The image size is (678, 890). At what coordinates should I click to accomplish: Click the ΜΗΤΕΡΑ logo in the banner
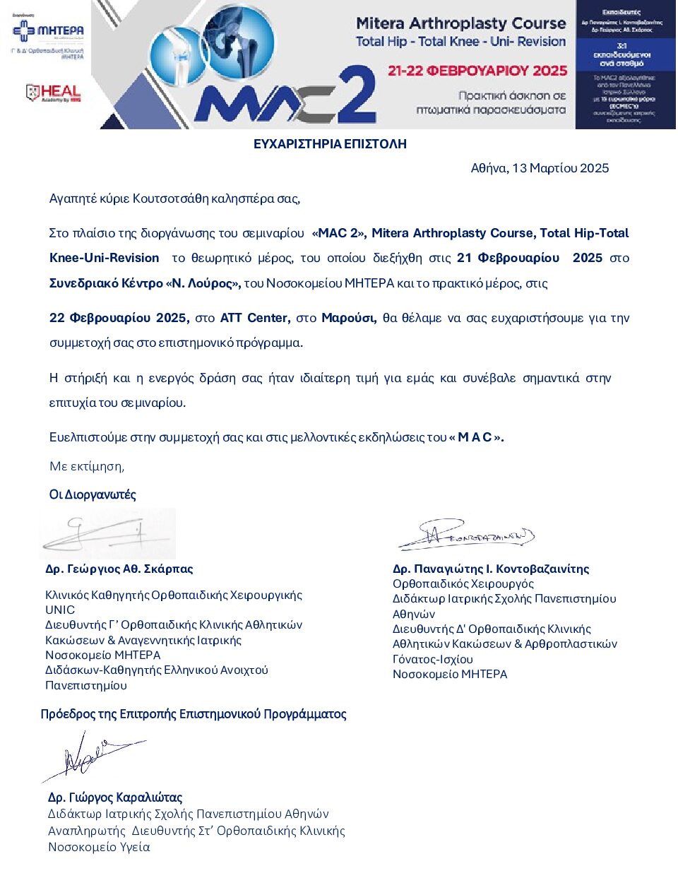[48, 32]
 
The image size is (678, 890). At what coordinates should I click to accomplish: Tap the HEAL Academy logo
[53, 93]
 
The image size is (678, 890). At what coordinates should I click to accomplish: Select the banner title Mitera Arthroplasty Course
[460, 23]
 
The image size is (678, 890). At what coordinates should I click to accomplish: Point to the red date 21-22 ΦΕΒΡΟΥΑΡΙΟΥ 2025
[477, 71]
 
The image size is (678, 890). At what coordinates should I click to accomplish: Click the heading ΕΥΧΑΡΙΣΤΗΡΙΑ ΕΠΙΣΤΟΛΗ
[330, 144]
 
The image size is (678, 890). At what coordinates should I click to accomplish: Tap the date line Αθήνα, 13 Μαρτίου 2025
[540, 168]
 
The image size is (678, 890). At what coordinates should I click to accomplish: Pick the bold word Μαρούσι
[349, 318]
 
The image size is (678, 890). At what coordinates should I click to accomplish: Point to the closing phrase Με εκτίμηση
[86, 466]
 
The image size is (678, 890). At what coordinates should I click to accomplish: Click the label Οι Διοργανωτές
[93, 494]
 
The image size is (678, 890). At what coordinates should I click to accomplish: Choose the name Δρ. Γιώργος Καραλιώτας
[114, 797]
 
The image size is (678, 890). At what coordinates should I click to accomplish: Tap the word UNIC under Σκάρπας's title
[60, 610]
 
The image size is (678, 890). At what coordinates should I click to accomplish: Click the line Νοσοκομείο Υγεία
[99, 847]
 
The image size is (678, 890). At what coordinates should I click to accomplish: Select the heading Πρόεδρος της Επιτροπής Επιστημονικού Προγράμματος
[194, 714]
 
